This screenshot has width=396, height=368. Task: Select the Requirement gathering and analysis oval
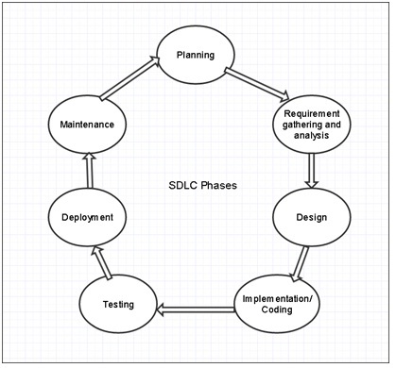[311, 124]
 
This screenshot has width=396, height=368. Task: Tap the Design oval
[311, 217]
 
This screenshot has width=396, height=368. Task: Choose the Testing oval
[118, 304]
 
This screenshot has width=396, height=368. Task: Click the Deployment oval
[81, 217]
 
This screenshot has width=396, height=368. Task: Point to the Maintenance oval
[81, 125]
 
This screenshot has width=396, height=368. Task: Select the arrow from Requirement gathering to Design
[312, 171]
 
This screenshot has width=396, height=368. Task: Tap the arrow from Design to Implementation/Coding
[301, 261]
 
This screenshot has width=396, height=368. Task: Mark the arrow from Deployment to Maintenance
[84, 171]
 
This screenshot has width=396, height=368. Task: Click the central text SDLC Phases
[197, 186]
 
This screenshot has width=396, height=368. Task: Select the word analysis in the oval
[311, 136]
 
